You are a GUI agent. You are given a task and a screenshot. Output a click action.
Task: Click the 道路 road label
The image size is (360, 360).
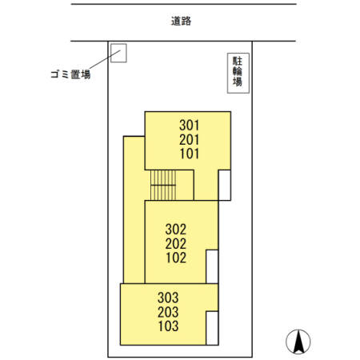(x=181, y=22)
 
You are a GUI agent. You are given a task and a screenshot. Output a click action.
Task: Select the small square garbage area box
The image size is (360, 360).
(x=118, y=53)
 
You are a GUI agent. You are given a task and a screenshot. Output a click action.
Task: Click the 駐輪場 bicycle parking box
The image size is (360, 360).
(x=237, y=71)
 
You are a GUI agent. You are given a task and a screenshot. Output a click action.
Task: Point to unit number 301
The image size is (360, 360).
(x=189, y=126)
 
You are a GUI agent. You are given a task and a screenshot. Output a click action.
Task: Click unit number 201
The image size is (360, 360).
(x=189, y=140)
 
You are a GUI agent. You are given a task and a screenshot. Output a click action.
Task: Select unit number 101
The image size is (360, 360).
(x=189, y=154)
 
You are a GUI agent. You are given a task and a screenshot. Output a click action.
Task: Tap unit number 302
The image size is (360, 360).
(x=176, y=229)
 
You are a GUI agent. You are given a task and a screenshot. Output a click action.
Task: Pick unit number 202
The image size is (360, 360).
(x=176, y=243)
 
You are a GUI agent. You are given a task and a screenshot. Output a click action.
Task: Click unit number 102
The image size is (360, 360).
(x=176, y=258)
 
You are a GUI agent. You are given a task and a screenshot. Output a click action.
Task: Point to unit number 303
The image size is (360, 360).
(x=167, y=298)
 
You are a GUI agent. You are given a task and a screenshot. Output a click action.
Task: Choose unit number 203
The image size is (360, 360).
(x=167, y=312)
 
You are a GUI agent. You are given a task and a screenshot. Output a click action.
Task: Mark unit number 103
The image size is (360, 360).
(x=167, y=326)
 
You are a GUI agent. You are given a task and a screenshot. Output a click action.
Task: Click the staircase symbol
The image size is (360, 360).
(x=162, y=186)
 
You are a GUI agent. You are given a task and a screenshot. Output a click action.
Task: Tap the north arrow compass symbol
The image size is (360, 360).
(x=298, y=342)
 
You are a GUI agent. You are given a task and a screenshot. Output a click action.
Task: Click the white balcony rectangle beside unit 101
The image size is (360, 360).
(x=226, y=185)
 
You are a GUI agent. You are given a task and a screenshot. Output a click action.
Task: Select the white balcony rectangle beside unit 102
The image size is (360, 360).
(x=212, y=266)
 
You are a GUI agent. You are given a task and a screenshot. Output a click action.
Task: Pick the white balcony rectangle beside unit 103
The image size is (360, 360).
(x=212, y=327)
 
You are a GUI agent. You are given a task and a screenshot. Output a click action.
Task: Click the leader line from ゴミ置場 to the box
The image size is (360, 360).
(x=100, y=62)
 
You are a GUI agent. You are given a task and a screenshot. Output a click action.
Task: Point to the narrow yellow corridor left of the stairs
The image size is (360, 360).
(x=134, y=208)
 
